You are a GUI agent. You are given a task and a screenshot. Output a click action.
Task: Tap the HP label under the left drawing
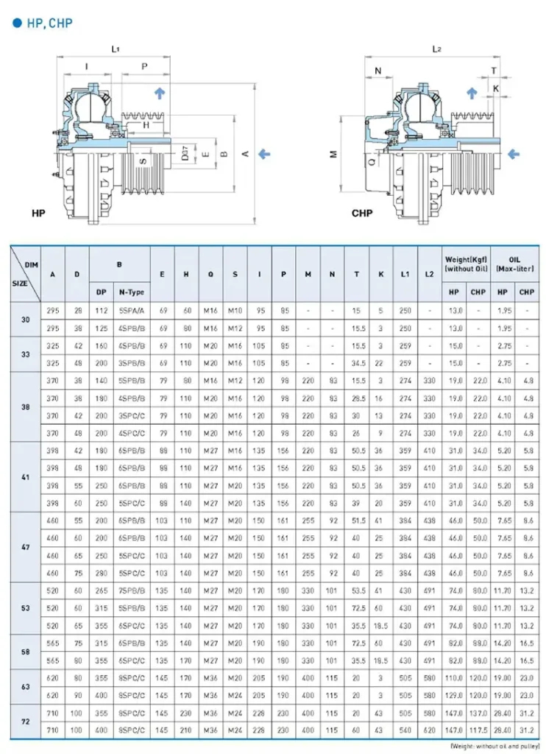(40, 213)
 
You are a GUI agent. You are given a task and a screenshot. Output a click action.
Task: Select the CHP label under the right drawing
(361, 214)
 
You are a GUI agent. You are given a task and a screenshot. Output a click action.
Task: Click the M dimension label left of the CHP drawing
(333, 155)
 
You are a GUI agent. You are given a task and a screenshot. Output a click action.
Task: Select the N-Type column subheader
(132, 292)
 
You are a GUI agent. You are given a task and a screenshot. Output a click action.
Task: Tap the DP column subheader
(101, 292)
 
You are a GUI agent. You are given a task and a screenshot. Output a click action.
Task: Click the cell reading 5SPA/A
(132, 310)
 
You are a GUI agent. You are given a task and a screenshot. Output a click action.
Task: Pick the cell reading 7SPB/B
(132, 591)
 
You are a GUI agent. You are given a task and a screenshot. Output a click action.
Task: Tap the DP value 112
(101, 310)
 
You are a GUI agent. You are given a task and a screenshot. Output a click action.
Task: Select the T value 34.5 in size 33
(356, 363)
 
